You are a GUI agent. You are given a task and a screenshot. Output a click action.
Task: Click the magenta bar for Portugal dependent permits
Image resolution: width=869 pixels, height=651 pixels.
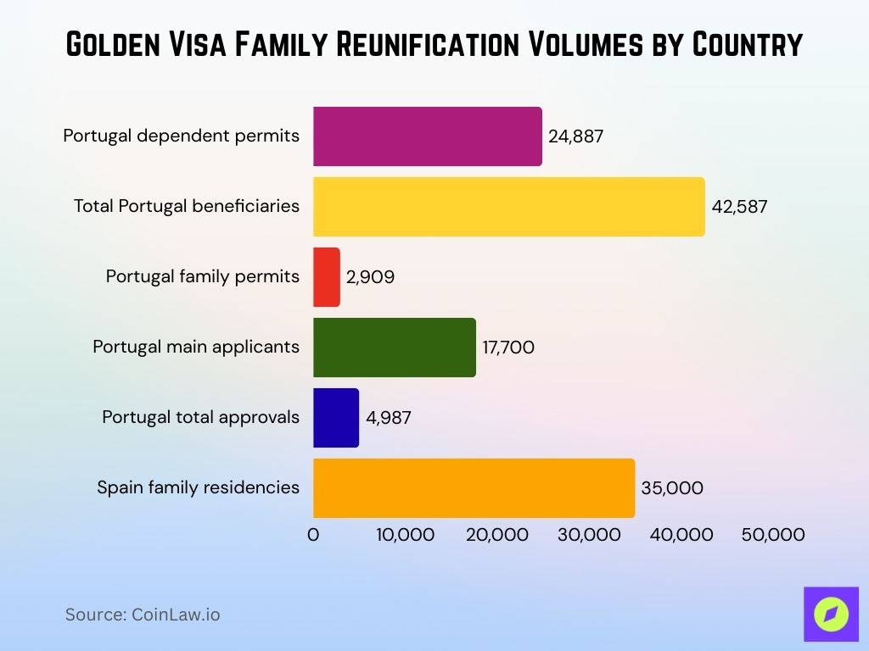pos(427,136)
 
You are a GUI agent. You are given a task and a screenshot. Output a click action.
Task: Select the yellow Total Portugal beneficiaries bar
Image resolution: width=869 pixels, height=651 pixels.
pos(508,207)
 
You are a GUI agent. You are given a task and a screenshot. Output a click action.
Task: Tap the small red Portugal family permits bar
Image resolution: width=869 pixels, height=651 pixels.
pos(327,277)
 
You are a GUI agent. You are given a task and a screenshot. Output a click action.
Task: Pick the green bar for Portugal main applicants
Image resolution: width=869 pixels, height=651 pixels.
pos(394,347)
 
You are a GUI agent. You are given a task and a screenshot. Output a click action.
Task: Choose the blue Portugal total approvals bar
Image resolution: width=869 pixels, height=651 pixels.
pos(336,417)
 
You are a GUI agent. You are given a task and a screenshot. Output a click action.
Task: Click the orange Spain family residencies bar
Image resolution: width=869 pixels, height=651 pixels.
pos(474,487)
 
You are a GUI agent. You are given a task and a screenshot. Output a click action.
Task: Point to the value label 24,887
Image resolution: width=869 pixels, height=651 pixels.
pos(575,136)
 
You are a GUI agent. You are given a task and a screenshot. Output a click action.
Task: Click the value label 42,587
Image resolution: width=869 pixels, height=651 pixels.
pos(739,207)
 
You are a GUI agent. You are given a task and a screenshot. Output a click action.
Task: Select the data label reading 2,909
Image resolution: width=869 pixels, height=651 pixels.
pos(370,277)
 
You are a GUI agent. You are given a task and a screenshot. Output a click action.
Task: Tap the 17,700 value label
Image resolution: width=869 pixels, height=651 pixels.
pos(508,347)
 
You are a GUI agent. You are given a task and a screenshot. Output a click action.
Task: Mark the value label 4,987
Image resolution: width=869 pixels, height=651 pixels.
pos(388,417)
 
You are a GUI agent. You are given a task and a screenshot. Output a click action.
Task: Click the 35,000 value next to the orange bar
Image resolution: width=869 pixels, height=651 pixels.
pos(672,487)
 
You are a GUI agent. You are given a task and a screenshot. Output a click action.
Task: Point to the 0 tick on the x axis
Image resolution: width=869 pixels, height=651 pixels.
pos(313,535)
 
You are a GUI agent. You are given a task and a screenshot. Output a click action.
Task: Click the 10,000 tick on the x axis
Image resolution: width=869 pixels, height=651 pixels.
pos(405,535)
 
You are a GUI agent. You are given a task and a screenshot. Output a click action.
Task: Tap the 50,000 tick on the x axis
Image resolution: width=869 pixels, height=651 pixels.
pos(772,535)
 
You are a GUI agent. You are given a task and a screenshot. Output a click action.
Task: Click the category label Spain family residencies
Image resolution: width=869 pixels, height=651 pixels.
pos(198,487)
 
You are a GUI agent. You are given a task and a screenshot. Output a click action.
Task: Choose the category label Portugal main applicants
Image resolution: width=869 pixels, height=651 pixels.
pos(196,347)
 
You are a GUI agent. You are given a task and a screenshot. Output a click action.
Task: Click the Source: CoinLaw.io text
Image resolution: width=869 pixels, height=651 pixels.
pos(143,615)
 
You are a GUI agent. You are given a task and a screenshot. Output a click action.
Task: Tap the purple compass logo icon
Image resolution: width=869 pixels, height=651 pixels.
pos(831,614)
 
